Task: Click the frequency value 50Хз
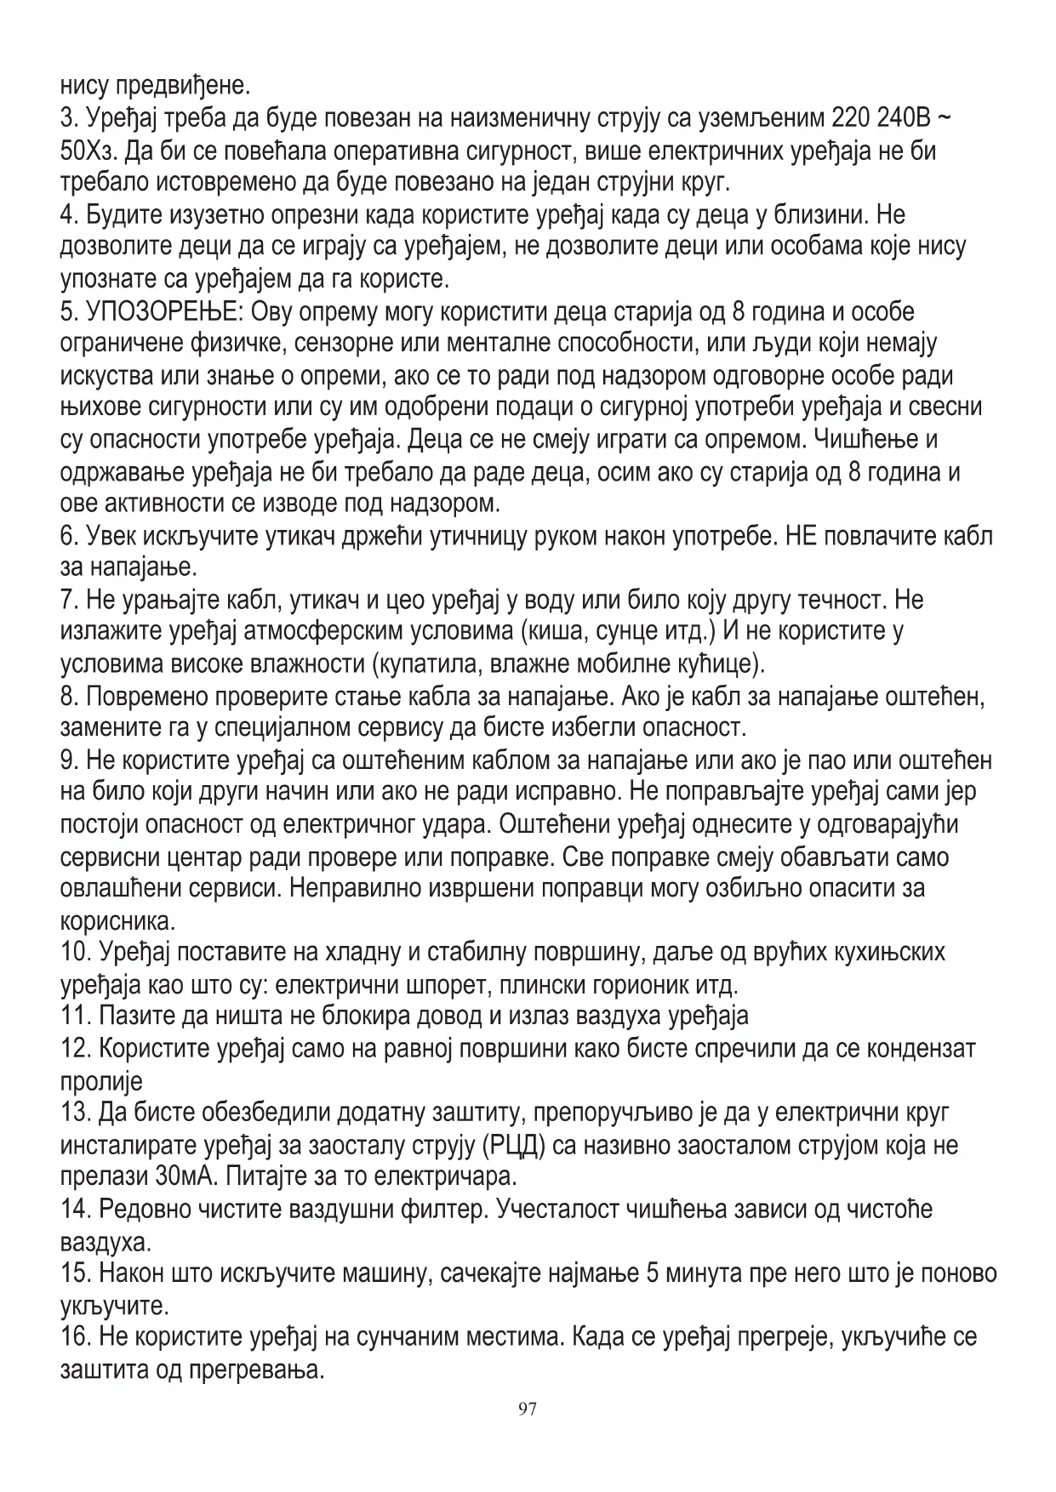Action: (x=91, y=151)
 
